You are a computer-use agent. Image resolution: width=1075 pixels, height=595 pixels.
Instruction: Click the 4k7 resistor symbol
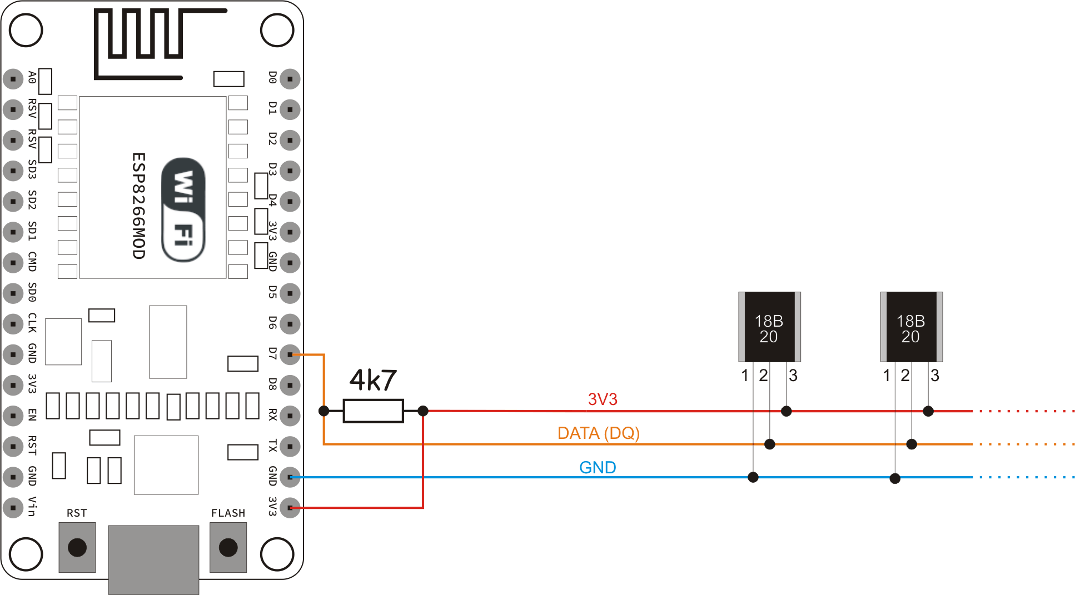373,411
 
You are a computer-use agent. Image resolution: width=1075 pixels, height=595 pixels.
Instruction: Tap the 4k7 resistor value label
373,381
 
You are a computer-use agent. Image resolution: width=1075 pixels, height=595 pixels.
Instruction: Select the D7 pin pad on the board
290,354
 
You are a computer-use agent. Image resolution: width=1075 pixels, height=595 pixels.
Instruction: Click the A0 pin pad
13,79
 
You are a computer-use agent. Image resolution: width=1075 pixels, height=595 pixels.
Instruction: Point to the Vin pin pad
13,507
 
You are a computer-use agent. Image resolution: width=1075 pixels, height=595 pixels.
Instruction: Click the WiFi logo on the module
183,209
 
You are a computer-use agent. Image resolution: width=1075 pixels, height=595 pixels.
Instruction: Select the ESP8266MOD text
138,206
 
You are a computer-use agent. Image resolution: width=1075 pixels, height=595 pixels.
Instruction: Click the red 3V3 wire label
603,399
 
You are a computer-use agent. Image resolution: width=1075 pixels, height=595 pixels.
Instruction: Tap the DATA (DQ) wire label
599,433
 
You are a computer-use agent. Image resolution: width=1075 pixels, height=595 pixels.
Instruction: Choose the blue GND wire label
598,467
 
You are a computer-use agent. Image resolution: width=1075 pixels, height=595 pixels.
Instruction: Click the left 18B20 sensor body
769,327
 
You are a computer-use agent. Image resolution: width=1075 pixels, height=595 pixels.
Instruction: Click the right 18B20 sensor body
911,327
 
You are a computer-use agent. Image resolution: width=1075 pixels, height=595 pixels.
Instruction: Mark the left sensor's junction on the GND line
753,477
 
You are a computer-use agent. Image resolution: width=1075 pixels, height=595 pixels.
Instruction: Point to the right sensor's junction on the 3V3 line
928,411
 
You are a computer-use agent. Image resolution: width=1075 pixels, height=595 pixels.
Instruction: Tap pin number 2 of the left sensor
764,376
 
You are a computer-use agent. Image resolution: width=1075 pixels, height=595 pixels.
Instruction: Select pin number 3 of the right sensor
935,376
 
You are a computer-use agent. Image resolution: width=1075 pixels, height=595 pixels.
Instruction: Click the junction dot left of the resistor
324,411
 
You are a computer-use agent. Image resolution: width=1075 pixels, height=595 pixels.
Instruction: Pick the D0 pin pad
290,79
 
